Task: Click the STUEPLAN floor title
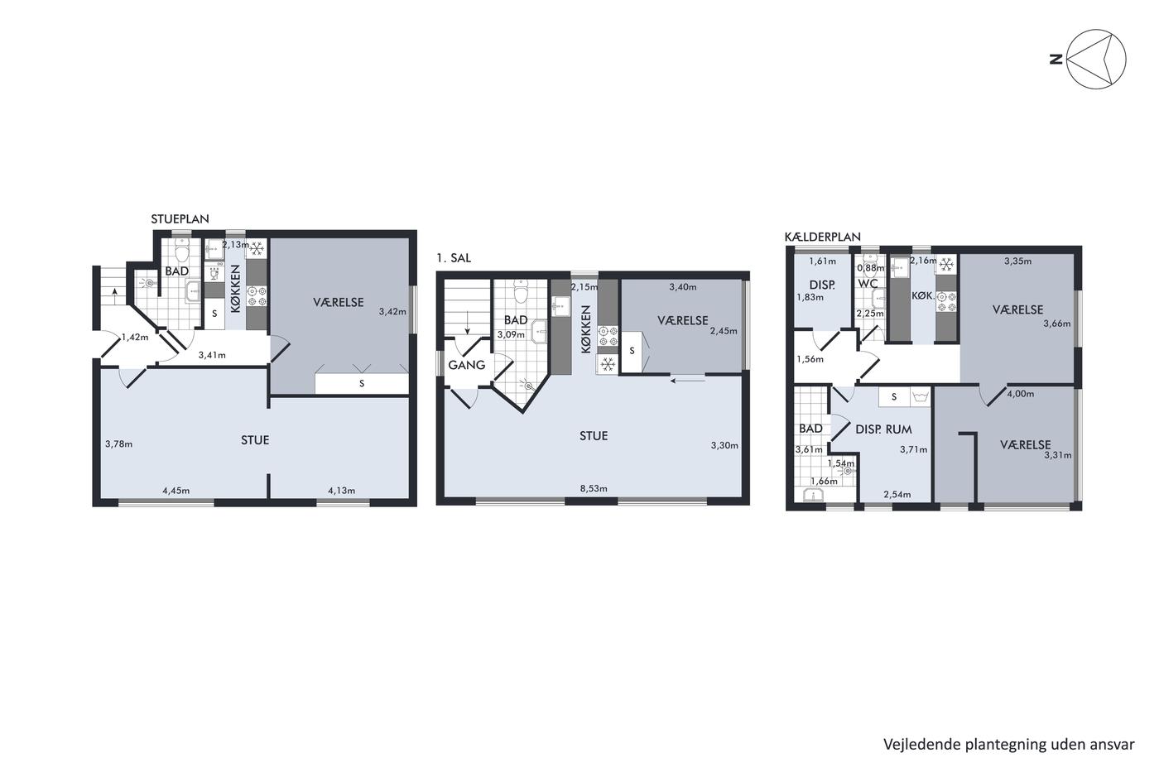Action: (180, 218)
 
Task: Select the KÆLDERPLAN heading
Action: (823, 237)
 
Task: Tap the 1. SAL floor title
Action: (454, 258)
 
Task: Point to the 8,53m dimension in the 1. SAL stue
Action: (594, 488)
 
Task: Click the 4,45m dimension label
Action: (176, 490)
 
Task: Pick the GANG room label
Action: (467, 365)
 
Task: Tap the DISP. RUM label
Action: (884, 429)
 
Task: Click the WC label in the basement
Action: (868, 285)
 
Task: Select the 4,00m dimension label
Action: (1020, 394)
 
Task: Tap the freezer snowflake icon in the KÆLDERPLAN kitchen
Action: (946, 265)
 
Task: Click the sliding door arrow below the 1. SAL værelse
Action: (688, 381)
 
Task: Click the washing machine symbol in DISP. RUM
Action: (920, 397)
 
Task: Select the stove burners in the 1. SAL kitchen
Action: (608, 336)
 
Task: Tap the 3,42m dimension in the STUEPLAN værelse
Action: (392, 311)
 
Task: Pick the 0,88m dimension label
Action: (871, 268)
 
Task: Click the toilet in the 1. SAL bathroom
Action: (521, 291)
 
